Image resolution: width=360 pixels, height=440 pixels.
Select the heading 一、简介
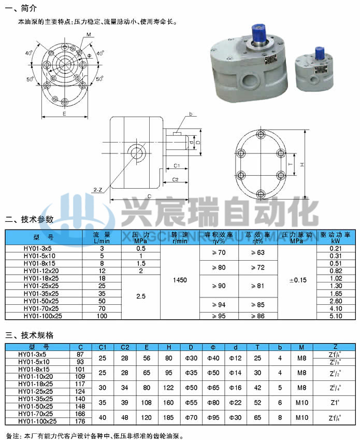click(20, 8)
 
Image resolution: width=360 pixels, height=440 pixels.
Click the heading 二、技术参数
click(29, 219)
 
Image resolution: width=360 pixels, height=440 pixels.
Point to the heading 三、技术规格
click(29, 335)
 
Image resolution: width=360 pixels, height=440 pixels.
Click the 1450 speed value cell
click(180, 280)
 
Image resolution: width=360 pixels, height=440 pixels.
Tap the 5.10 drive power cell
click(335, 315)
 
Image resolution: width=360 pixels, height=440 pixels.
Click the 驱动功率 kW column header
click(335, 237)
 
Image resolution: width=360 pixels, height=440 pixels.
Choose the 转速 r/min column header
click(180, 237)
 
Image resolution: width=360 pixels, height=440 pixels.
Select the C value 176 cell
click(80, 421)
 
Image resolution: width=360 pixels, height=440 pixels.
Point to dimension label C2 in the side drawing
click(176, 179)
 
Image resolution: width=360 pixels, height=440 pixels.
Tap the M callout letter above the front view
click(89, 34)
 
